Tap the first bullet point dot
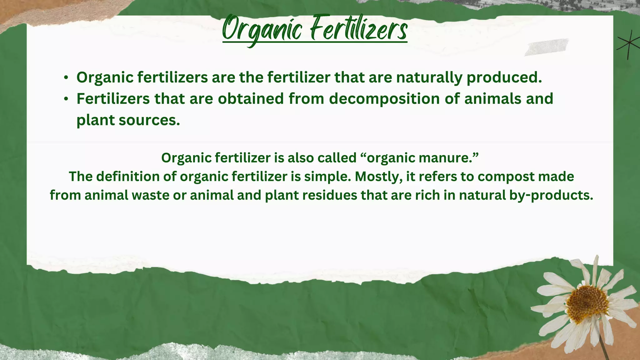click(x=66, y=77)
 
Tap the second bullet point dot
click(x=66, y=99)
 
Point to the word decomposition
click(x=385, y=99)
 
